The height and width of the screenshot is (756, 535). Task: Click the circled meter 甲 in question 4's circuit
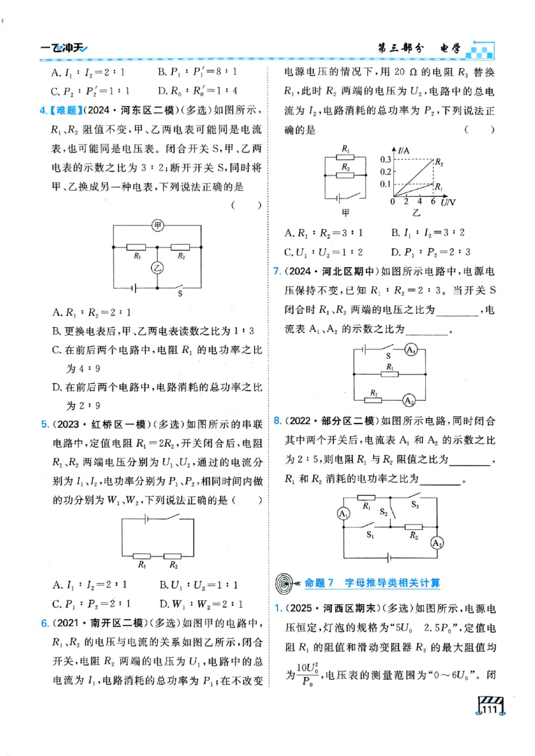point(157,225)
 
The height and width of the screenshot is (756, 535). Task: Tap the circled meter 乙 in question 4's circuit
point(157,268)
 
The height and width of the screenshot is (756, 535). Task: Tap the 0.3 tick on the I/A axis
point(386,160)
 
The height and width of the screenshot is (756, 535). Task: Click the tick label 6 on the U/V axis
point(433,201)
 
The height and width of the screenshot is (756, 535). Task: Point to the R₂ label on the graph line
point(439,162)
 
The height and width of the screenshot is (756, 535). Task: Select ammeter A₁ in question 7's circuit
point(412,350)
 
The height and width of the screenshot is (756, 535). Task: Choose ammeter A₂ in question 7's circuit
point(407,399)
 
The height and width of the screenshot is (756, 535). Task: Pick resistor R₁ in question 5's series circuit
point(142,555)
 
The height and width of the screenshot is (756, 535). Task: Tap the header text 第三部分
point(401,48)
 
